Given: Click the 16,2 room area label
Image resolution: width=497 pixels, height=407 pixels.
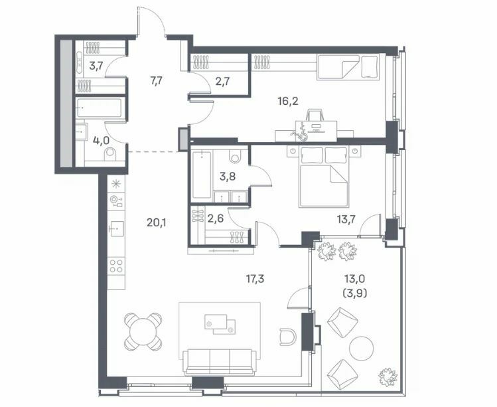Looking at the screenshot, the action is (288, 102).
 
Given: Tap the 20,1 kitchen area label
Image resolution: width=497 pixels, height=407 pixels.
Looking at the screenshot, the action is (156, 223).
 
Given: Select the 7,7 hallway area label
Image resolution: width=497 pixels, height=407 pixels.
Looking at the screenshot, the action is (157, 81).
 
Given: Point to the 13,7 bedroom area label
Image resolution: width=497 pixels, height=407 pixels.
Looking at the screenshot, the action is (346, 219).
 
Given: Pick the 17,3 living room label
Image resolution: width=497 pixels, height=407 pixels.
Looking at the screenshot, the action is (255, 279).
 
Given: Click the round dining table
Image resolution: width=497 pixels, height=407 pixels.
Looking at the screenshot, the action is (143, 331).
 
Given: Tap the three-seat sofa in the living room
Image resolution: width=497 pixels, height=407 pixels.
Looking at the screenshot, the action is (220, 363).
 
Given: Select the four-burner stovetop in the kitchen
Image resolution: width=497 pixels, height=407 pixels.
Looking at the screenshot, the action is (116, 266).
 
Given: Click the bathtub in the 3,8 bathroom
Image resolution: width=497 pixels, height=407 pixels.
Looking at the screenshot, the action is (202, 175).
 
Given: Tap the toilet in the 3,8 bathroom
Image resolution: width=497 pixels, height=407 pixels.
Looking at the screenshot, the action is (235, 155).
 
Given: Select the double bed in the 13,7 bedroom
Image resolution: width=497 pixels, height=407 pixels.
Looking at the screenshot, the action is (324, 177).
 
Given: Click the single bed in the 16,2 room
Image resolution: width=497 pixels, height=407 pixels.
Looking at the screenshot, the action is (348, 68).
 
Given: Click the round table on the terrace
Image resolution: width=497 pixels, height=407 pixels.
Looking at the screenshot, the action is (362, 348).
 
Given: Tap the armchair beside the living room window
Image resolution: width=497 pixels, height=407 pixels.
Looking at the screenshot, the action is (288, 337).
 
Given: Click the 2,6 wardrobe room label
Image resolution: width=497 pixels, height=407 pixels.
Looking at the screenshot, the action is (216, 218).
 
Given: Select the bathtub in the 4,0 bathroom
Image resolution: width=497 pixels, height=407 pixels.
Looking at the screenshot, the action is (99, 108).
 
